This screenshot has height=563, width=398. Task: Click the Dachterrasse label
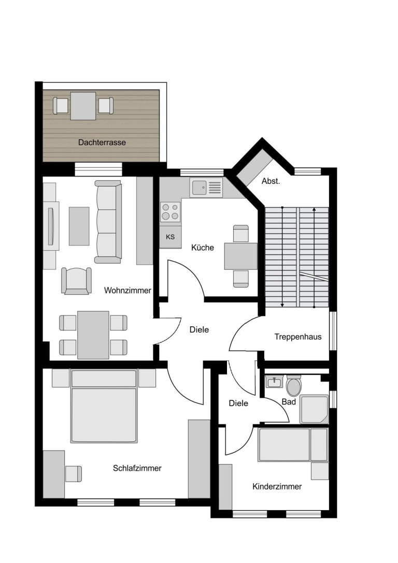(x=102, y=142)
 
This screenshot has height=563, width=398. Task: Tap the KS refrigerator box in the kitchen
(x=170, y=237)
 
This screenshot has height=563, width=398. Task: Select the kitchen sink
(x=207, y=187)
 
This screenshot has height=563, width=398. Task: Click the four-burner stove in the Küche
(x=170, y=211)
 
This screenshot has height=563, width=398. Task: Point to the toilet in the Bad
(x=294, y=385)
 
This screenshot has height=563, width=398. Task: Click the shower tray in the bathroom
(x=314, y=409)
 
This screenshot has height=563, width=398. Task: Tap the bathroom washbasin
(x=275, y=381)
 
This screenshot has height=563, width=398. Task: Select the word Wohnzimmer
(x=127, y=290)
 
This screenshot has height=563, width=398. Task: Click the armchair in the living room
(x=76, y=280)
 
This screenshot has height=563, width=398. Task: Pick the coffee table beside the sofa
(x=79, y=226)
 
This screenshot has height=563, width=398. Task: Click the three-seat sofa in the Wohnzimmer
(x=108, y=222)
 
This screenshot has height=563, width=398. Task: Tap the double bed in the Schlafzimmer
(x=104, y=406)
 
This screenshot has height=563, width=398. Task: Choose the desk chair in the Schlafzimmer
(x=73, y=473)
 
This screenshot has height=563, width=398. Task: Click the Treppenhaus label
(x=298, y=337)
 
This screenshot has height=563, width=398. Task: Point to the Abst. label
(x=271, y=181)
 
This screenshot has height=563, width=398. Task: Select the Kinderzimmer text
(x=277, y=486)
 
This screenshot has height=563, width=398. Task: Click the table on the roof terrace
(x=83, y=106)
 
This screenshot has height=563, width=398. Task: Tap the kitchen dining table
(x=240, y=256)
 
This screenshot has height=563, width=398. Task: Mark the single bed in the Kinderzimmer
(x=293, y=444)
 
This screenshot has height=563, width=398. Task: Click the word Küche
(x=202, y=248)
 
